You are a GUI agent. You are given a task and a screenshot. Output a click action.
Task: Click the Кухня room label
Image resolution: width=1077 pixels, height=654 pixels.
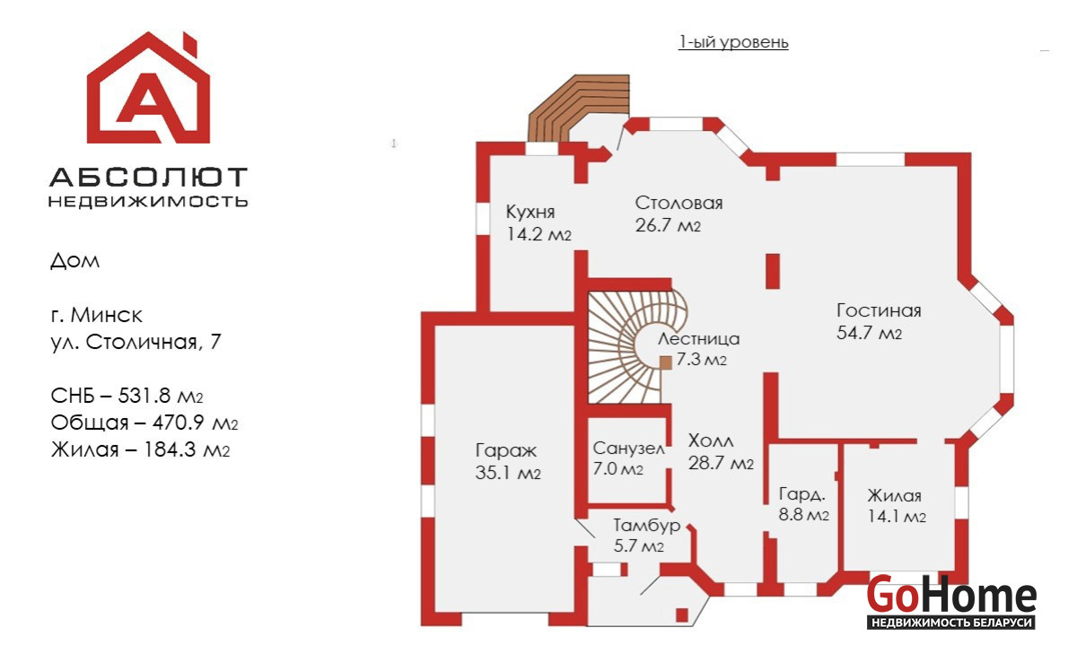[530, 213]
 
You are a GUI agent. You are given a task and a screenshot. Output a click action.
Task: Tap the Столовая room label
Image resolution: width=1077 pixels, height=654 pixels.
[679, 204]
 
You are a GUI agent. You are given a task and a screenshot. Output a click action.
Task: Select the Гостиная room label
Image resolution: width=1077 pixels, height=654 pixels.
[879, 311]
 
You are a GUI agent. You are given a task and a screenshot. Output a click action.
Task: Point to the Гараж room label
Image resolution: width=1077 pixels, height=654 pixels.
[505, 451]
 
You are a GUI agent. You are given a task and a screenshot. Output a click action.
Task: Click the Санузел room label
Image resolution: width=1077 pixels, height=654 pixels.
[628, 449]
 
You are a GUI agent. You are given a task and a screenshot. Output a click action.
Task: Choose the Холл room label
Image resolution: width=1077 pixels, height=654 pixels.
[711, 441]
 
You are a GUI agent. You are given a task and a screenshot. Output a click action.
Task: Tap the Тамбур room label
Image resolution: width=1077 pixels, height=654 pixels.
[646, 526]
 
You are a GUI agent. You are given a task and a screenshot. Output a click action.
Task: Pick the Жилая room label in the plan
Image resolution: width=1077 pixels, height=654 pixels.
[894, 496]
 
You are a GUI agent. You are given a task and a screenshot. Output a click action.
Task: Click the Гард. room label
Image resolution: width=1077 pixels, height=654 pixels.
[801, 494]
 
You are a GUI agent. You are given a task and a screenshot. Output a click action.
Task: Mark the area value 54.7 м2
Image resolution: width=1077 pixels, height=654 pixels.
[868, 334]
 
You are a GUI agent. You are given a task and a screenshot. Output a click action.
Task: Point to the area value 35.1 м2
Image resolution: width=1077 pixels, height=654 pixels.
[508, 473]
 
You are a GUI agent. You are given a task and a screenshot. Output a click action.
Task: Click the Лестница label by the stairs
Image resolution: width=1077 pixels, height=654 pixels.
[698, 339]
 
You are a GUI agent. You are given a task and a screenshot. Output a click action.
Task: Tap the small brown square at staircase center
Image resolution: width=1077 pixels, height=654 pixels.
[666, 362]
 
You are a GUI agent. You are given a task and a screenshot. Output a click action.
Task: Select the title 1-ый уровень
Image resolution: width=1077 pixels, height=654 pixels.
[733, 42]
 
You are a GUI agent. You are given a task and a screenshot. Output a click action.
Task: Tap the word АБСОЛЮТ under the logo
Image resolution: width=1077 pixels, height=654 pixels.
[148, 177]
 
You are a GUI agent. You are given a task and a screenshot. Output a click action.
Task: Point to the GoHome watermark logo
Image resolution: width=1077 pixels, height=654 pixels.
[951, 601]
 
